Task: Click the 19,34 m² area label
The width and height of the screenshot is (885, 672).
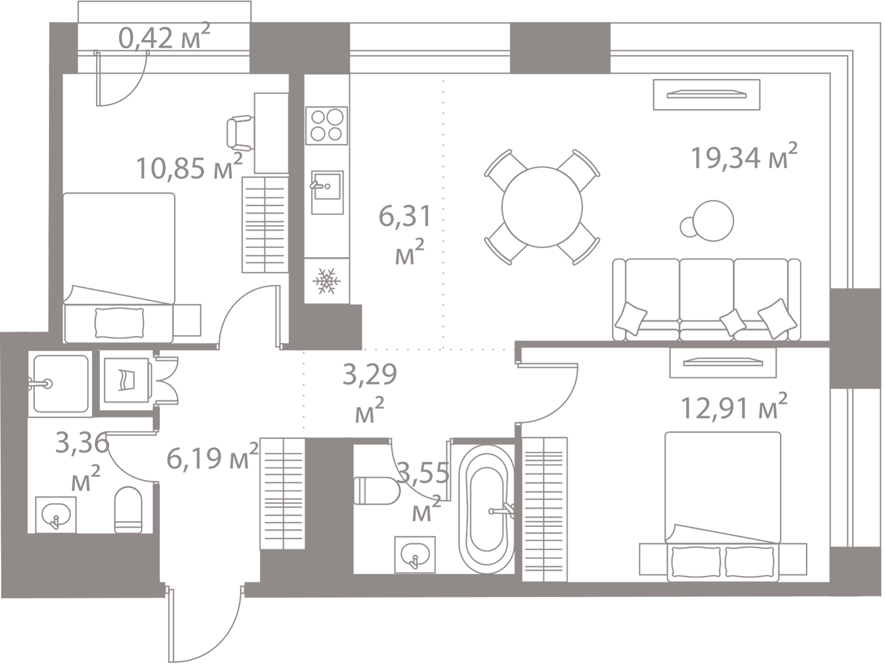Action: (745, 156)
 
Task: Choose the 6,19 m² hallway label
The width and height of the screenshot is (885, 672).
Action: (210, 458)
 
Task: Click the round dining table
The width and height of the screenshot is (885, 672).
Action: (542, 206)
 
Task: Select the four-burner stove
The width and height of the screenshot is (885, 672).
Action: (326, 125)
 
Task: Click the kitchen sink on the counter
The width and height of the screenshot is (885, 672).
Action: (326, 190)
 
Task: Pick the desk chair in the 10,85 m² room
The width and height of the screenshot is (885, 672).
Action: (239, 131)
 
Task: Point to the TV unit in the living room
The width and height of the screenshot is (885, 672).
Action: (706, 94)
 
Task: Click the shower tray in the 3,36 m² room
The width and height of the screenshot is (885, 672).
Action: (60, 383)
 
